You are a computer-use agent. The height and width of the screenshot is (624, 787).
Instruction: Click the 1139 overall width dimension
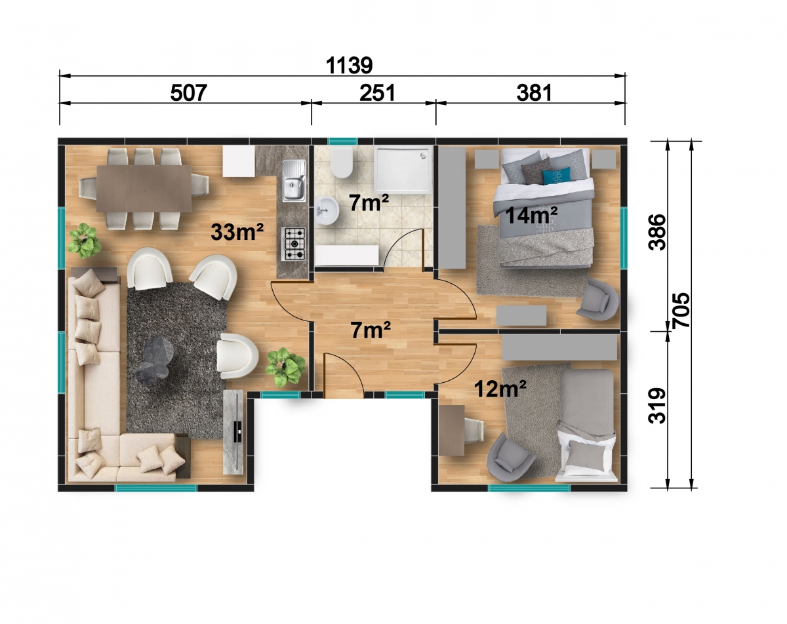click(350, 66)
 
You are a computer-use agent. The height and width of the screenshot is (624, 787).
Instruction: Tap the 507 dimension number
click(189, 93)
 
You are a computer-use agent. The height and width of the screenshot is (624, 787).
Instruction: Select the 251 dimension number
click(377, 93)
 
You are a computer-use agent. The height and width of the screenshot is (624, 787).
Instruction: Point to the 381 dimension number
click(534, 93)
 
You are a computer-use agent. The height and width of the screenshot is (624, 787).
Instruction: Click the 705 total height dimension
click(681, 309)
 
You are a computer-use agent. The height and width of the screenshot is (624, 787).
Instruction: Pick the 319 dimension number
click(656, 406)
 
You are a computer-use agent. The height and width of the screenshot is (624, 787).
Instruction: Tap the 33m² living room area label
click(237, 232)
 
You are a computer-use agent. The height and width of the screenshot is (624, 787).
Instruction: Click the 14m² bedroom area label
click(531, 215)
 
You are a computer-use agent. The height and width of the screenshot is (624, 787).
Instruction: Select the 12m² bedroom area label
click(500, 389)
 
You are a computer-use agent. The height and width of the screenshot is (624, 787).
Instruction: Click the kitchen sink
click(294, 181)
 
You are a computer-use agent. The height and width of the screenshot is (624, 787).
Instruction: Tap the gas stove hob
click(293, 243)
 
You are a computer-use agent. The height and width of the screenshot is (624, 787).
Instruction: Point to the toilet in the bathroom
click(342, 163)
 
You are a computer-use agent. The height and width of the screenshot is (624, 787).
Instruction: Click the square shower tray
click(402, 170)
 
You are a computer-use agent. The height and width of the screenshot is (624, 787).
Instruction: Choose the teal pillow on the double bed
click(556, 176)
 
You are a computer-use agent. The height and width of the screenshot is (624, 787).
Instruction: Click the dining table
click(144, 189)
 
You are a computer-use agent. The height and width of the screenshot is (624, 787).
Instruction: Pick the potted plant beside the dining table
click(85, 241)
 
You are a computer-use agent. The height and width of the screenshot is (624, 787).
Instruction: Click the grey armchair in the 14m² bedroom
click(598, 300)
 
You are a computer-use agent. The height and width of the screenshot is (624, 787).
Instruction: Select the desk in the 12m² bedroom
click(452, 431)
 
